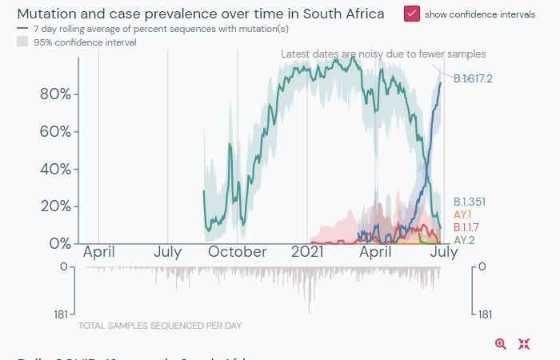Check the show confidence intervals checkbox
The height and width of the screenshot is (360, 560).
click(412, 14)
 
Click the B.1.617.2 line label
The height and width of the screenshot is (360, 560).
click(473, 78)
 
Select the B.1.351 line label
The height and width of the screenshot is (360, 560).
click(470, 202)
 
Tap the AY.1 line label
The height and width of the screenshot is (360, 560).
click(462, 214)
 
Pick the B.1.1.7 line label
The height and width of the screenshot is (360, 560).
click(466, 228)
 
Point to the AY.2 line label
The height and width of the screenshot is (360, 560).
click(464, 240)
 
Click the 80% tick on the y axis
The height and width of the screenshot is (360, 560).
click(55, 94)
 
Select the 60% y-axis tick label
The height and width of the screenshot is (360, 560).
click(55, 131)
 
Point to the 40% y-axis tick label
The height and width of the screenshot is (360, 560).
click(55, 169)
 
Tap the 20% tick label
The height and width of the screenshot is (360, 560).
click(55, 206)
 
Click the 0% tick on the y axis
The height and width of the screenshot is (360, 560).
click(59, 242)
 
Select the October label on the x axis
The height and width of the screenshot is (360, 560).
click(238, 252)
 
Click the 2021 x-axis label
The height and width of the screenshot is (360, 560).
click(307, 252)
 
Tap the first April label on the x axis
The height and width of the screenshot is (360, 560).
click(98, 252)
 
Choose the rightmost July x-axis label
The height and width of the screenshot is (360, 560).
click(444, 252)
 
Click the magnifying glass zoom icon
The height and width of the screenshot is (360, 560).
click(501, 344)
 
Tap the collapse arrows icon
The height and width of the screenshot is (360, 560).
click(524, 344)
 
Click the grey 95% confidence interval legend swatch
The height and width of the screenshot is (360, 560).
click(22, 42)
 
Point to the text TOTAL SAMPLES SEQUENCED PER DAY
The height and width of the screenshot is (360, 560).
click(160, 326)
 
